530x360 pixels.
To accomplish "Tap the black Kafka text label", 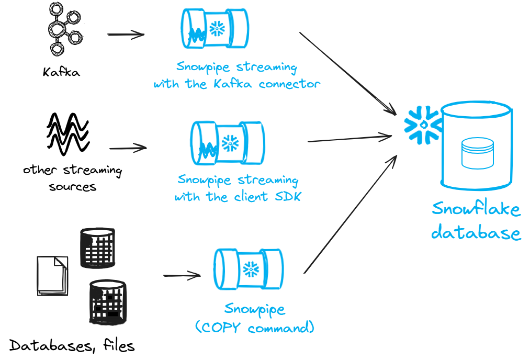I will (x=61, y=72).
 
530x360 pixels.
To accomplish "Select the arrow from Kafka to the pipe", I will (x=126, y=35).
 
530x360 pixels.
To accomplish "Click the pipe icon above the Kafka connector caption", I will (x=214, y=29).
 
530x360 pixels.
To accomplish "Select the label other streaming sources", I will (x=72, y=178).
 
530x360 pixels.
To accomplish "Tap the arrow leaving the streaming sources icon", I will (x=128, y=148).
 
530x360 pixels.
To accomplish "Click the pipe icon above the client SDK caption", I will (x=228, y=143).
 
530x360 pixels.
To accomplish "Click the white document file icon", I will (x=52, y=275).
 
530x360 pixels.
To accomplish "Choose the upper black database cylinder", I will (x=97, y=248).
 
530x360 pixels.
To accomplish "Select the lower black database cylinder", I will (x=107, y=302).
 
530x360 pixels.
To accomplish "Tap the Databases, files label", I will (x=72, y=345).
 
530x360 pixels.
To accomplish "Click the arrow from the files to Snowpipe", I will (x=182, y=275).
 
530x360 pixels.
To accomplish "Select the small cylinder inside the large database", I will (x=478, y=153).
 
